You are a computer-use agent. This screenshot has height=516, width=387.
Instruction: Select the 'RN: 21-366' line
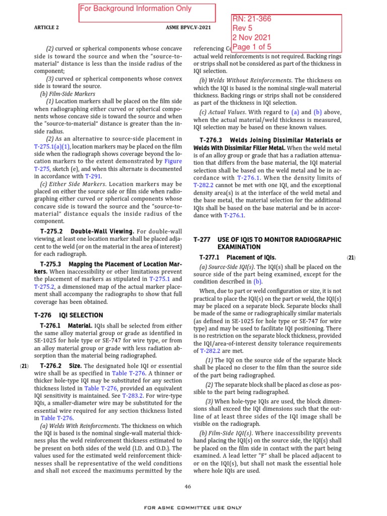pyautogui.click(x=251, y=19)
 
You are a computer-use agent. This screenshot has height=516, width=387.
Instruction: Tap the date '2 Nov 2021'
pyautogui.click(x=251, y=38)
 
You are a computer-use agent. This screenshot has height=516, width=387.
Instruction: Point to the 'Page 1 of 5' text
pyautogui.click(x=254, y=47)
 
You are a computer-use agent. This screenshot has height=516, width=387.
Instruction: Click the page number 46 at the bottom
pyautogui.click(x=188, y=486)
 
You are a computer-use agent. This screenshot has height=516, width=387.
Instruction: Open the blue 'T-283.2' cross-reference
pyautogui.click(x=133, y=396)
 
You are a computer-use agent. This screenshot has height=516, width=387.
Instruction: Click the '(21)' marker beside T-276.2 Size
pyautogui.click(x=24, y=365)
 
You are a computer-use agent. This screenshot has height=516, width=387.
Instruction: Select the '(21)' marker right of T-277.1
pyautogui.click(x=351, y=257)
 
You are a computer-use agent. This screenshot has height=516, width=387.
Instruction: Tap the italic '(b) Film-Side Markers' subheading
pyautogui.click(x=67, y=94)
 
